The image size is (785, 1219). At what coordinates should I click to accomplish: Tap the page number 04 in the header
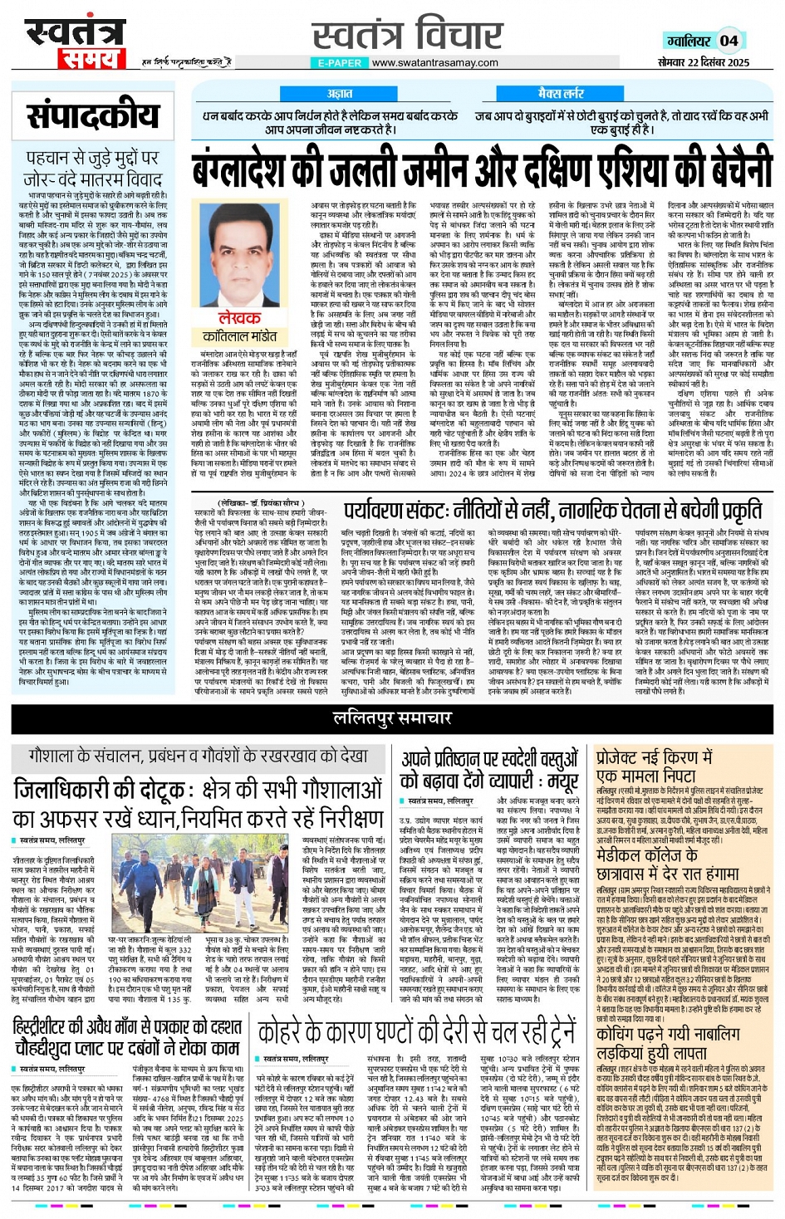pyautogui.click(x=729, y=40)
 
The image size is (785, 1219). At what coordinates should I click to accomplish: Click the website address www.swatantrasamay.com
pyautogui.click(x=434, y=62)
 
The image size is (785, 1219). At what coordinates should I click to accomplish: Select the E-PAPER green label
pyautogui.click(x=340, y=62)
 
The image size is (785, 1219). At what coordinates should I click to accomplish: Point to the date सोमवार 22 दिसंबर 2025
pyautogui.click(x=704, y=62)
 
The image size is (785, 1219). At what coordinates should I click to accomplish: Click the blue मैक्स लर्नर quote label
pyautogui.click(x=562, y=94)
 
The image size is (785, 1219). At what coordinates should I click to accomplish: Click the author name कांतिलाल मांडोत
pyautogui.click(x=240, y=336)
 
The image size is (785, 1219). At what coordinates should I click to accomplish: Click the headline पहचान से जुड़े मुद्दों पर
pyautogui.click(x=92, y=158)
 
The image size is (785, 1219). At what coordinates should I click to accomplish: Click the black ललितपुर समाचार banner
pyautogui.click(x=392, y=718)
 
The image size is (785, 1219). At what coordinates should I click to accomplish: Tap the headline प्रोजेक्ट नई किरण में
pyautogui.click(x=654, y=757)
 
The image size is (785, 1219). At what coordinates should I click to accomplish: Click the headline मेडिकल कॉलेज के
pyautogui.click(x=656, y=855)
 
